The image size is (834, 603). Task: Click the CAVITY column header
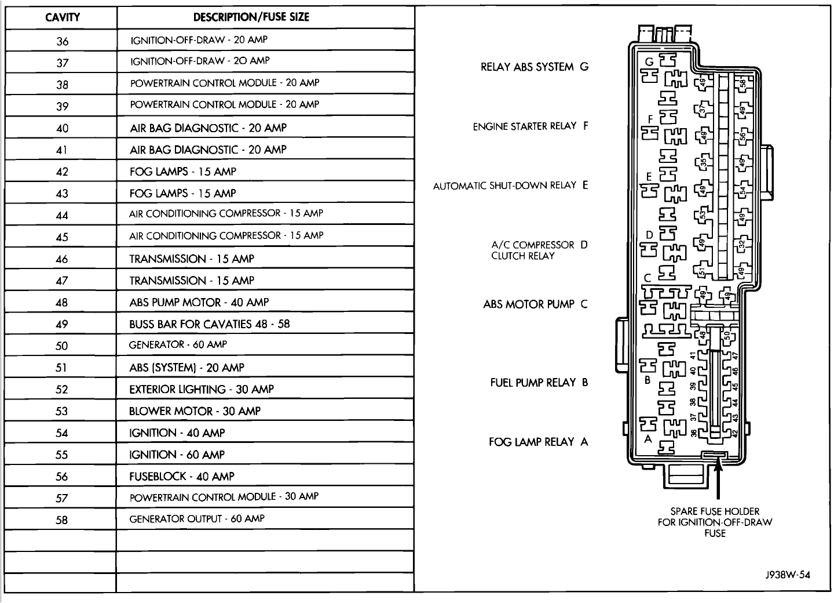pyautogui.click(x=63, y=17)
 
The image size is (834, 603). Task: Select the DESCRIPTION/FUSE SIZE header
pyautogui.click(x=251, y=17)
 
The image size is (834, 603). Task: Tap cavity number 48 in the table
pyautogui.click(x=61, y=303)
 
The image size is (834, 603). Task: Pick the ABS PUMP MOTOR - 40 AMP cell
pyautogui.click(x=199, y=302)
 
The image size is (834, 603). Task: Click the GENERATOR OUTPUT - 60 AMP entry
pyautogui.click(x=197, y=519)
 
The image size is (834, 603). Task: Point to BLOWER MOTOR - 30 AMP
pyautogui.click(x=195, y=411)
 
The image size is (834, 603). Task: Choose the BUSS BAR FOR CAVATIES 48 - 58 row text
pyautogui.click(x=210, y=324)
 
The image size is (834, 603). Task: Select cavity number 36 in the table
pyautogui.click(x=62, y=41)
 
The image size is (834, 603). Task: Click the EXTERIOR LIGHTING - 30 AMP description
pyautogui.click(x=202, y=389)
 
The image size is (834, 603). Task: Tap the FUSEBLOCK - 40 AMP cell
pyautogui.click(x=182, y=477)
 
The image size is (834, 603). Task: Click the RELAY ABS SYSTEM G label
pyautogui.click(x=534, y=67)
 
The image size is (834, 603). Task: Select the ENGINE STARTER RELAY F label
pyautogui.click(x=531, y=126)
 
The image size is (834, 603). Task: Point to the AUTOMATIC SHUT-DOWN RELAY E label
pyautogui.click(x=510, y=186)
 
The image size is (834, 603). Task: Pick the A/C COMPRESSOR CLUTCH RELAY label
pyautogui.click(x=533, y=250)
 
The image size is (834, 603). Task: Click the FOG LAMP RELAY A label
pyautogui.click(x=538, y=442)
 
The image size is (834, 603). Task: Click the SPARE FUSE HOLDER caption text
pyautogui.click(x=715, y=522)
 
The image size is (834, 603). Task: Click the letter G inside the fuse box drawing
pyautogui.click(x=649, y=61)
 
